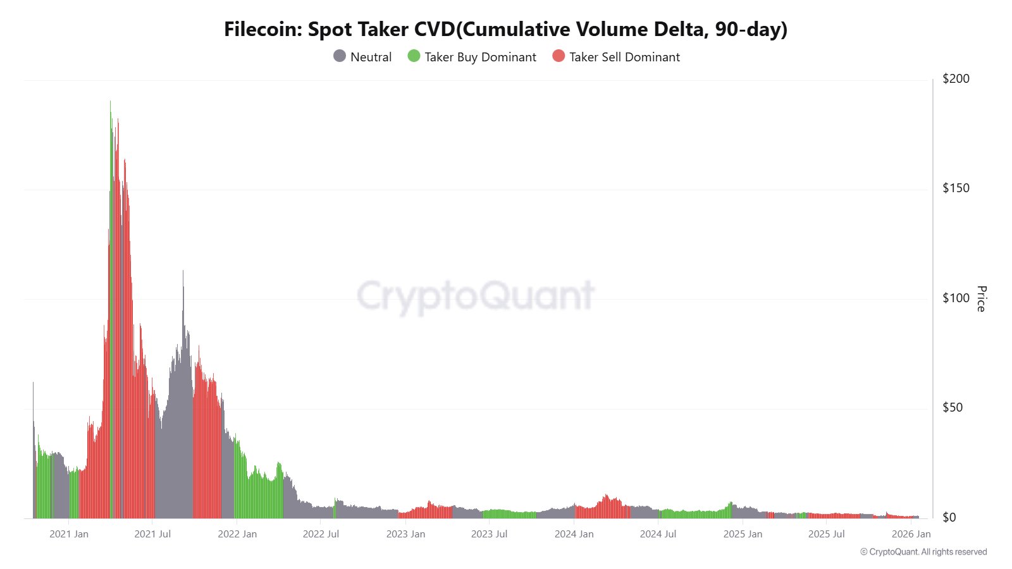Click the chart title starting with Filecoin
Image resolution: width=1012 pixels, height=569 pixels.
click(505, 29)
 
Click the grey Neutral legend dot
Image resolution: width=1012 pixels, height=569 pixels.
click(340, 56)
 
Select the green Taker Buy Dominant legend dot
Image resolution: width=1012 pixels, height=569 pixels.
click(414, 56)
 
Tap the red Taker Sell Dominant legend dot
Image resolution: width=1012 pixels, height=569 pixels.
click(558, 56)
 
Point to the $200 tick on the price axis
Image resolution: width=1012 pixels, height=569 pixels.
click(956, 78)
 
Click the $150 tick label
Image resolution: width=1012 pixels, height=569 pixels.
click(956, 188)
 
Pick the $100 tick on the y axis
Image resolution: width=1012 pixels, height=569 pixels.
click(956, 298)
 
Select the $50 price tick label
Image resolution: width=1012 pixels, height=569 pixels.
click(953, 407)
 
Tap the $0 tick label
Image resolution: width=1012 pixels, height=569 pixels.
click(949, 517)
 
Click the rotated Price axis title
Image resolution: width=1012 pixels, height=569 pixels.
click(981, 298)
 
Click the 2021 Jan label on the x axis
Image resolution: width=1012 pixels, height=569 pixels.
click(69, 534)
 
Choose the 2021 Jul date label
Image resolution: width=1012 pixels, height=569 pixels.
click(152, 534)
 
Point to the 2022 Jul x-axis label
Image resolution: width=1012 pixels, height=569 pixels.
click(321, 534)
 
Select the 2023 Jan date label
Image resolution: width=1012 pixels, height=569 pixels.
click(405, 534)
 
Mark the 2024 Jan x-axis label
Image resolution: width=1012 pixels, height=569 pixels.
click(574, 534)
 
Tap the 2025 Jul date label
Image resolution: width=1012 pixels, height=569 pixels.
click(826, 534)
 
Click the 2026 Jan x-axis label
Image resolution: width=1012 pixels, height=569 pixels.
click(911, 534)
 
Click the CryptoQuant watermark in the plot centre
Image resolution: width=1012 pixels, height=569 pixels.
click(476, 295)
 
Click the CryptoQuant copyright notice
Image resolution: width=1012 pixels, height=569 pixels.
click(923, 552)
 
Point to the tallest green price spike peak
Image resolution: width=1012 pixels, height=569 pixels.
click(110, 101)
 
